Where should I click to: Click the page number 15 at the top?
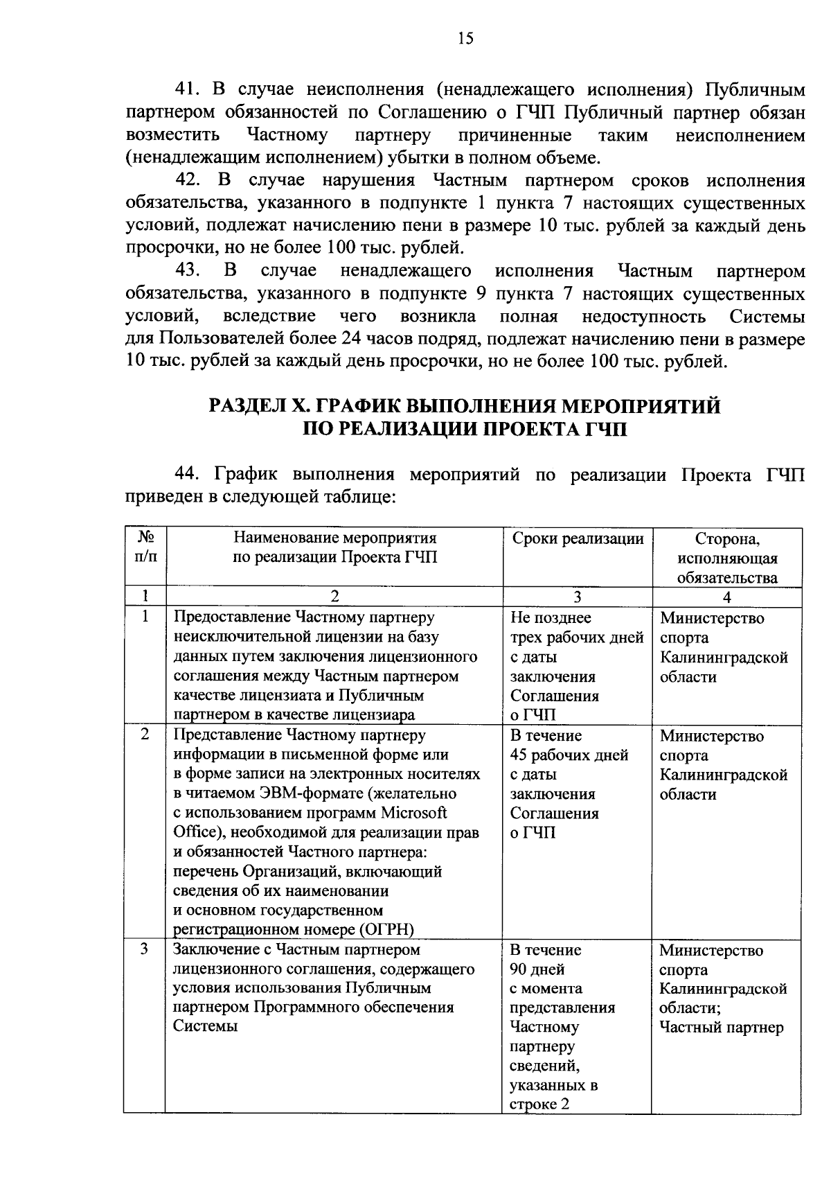click(465, 39)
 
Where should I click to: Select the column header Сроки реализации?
click(578, 538)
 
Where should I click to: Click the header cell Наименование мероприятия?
click(335, 538)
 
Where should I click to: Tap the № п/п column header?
click(145, 547)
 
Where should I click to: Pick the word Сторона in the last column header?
click(727, 539)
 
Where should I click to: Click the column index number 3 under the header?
click(577, 597)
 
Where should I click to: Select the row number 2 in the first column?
click(145, 735)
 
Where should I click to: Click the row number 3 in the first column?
click(145, 949)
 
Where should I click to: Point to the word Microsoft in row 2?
click(415, 812)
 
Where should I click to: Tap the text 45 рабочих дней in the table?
click(569, 755)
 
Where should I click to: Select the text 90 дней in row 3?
click(537, 969)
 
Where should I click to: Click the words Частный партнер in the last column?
click(721, 1027)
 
